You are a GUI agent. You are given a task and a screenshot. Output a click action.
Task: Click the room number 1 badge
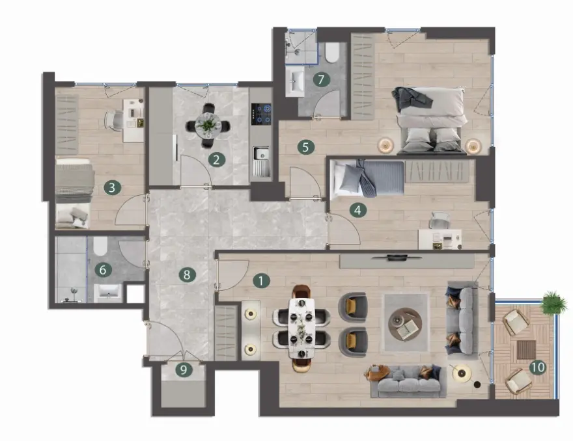pos(261,281)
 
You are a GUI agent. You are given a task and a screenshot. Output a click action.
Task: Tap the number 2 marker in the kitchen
pos(216,159)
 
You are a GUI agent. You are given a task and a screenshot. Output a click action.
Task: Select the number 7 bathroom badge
pos(321,79)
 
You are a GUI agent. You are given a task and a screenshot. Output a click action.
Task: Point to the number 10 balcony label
pos(538,367)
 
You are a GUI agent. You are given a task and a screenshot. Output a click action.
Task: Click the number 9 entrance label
pos(184,369)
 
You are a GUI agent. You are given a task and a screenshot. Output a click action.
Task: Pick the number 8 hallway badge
pos(187,274)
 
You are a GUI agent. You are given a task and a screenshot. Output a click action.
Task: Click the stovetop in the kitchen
pos(261,114)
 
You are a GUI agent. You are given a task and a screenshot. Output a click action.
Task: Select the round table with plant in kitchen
pos(208,126)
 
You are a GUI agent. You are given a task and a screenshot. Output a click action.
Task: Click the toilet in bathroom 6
pos(100,246)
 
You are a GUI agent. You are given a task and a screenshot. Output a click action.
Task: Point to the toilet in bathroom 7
pos(332,53)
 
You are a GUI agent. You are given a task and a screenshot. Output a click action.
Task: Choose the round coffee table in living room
pos(405,323)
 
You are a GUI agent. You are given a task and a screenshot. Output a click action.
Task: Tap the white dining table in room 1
pos(301,328)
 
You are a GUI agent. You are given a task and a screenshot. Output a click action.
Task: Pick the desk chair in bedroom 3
pos(115,120)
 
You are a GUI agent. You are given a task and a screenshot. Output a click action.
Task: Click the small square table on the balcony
pos(526,350)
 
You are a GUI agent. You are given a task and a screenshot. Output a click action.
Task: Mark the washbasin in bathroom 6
pos(108,293)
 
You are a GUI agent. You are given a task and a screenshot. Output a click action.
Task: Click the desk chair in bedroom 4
pos(440,220)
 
